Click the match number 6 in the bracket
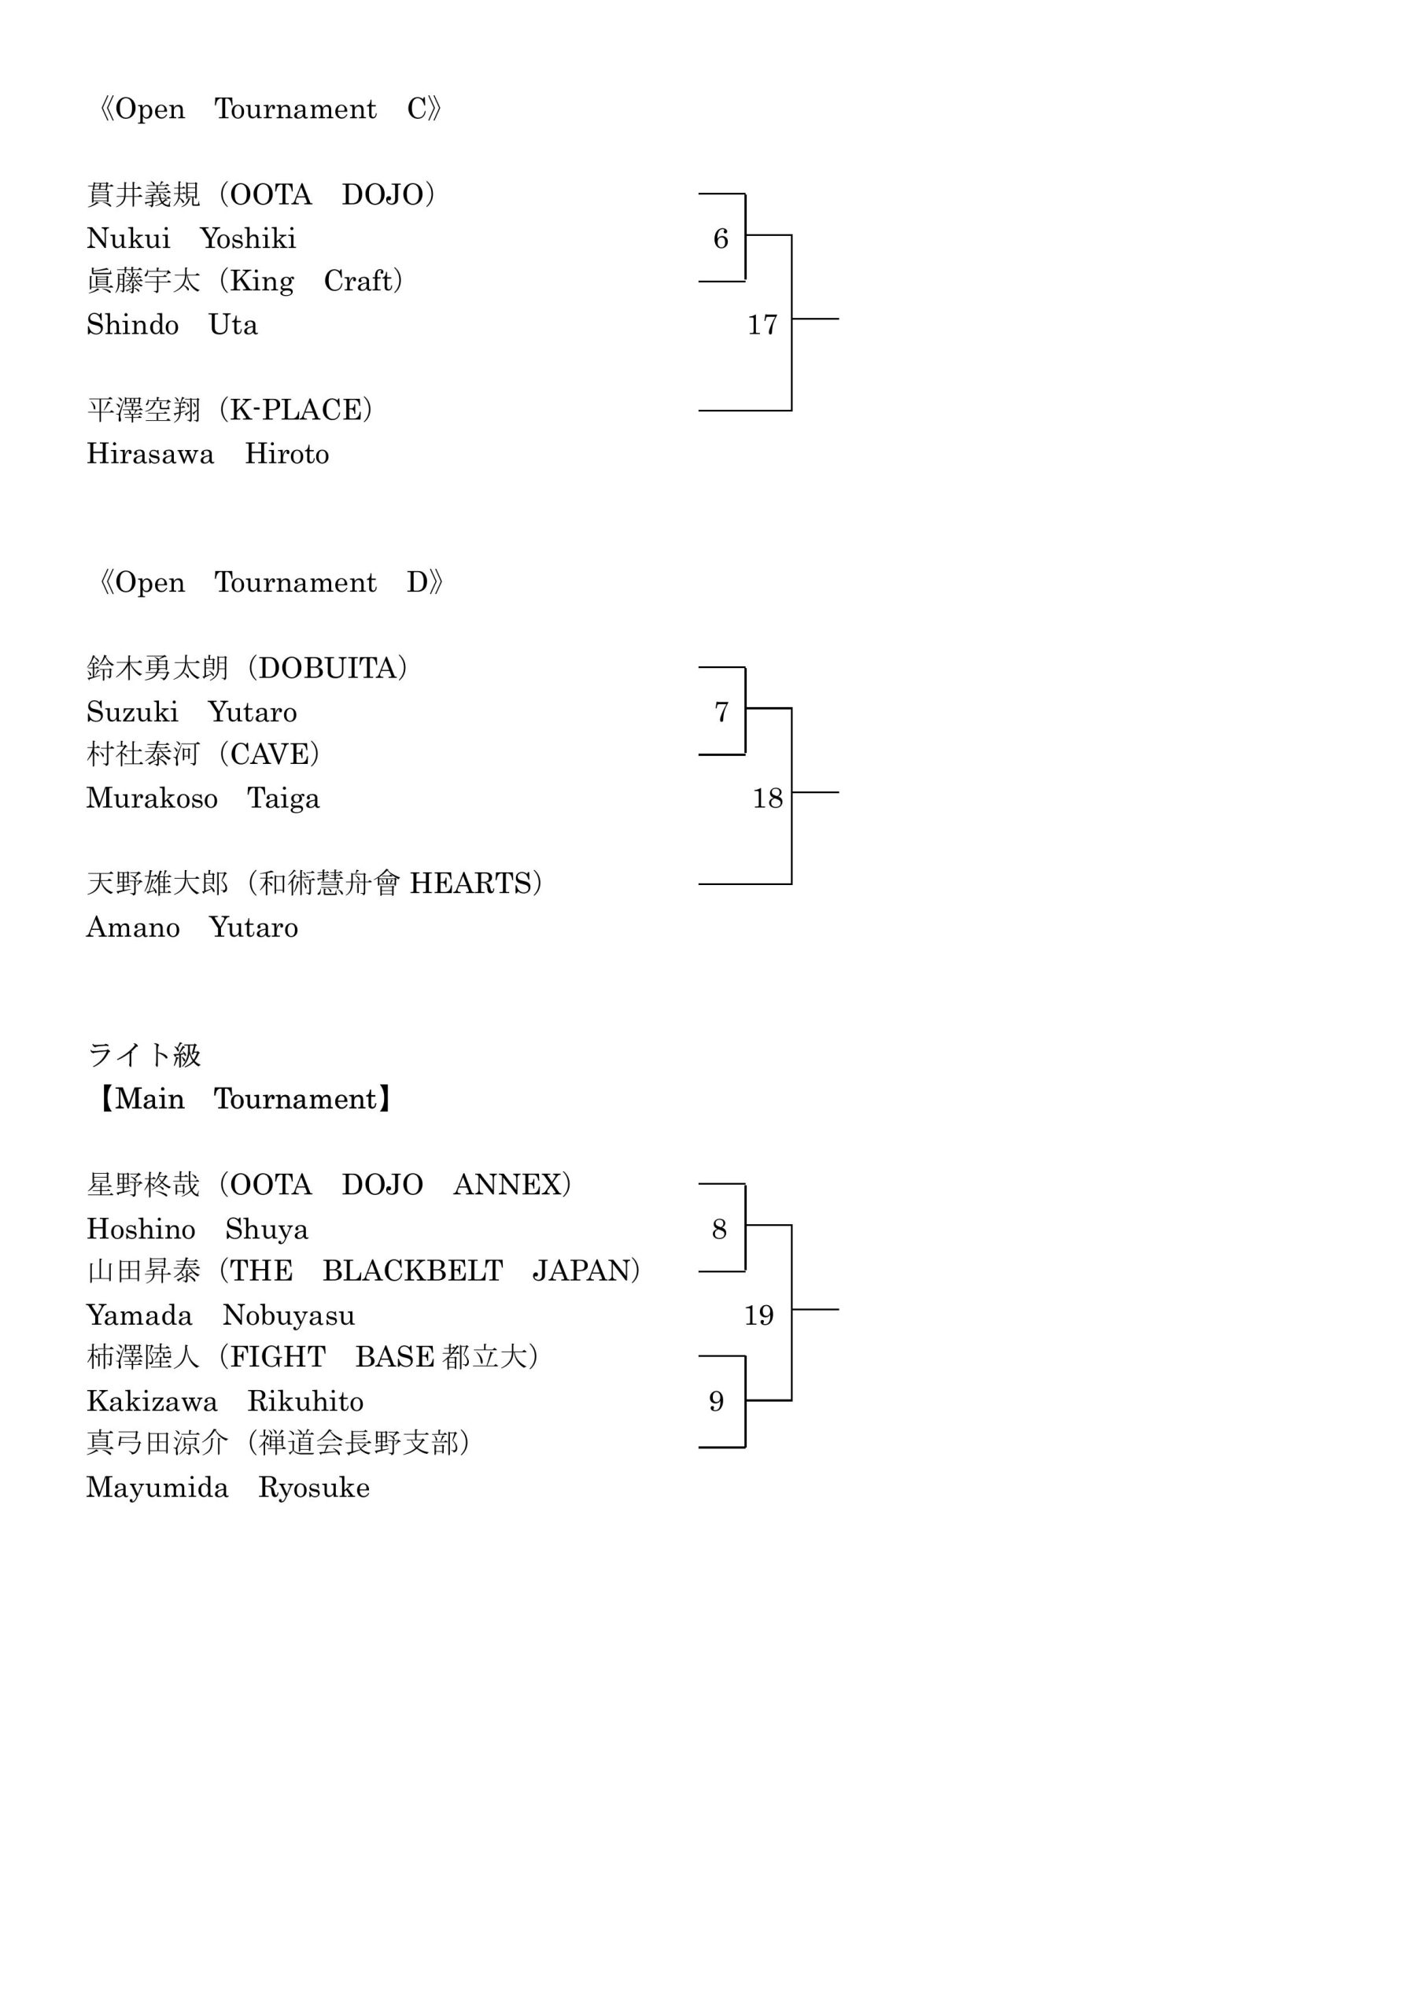721,238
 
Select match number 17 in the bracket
762,325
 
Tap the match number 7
721,711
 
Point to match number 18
768,799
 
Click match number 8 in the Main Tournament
719,1229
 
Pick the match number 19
759,1315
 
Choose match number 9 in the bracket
716,1401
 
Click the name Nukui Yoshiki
191,238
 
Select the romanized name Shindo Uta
172,325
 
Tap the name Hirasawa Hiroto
208,453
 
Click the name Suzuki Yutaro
191,711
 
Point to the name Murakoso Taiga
203,799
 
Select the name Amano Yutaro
192,928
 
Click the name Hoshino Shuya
197,1229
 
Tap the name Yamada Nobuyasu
220,1315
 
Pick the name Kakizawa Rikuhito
224,1401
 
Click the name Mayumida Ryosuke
228,1487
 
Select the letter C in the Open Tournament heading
417,109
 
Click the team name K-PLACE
296,410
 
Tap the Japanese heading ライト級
144,1054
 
